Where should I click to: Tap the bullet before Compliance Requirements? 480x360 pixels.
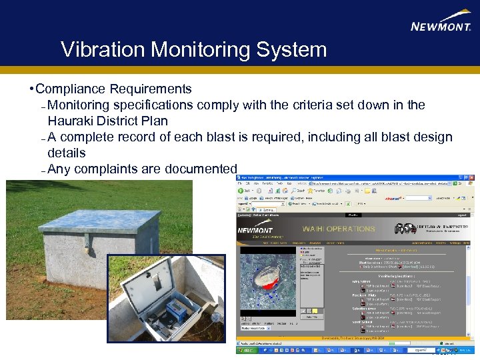tap(31, 89)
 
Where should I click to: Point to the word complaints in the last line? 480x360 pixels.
tap(108, 169)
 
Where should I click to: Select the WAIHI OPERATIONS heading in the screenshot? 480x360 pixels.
tap(339, 229)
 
